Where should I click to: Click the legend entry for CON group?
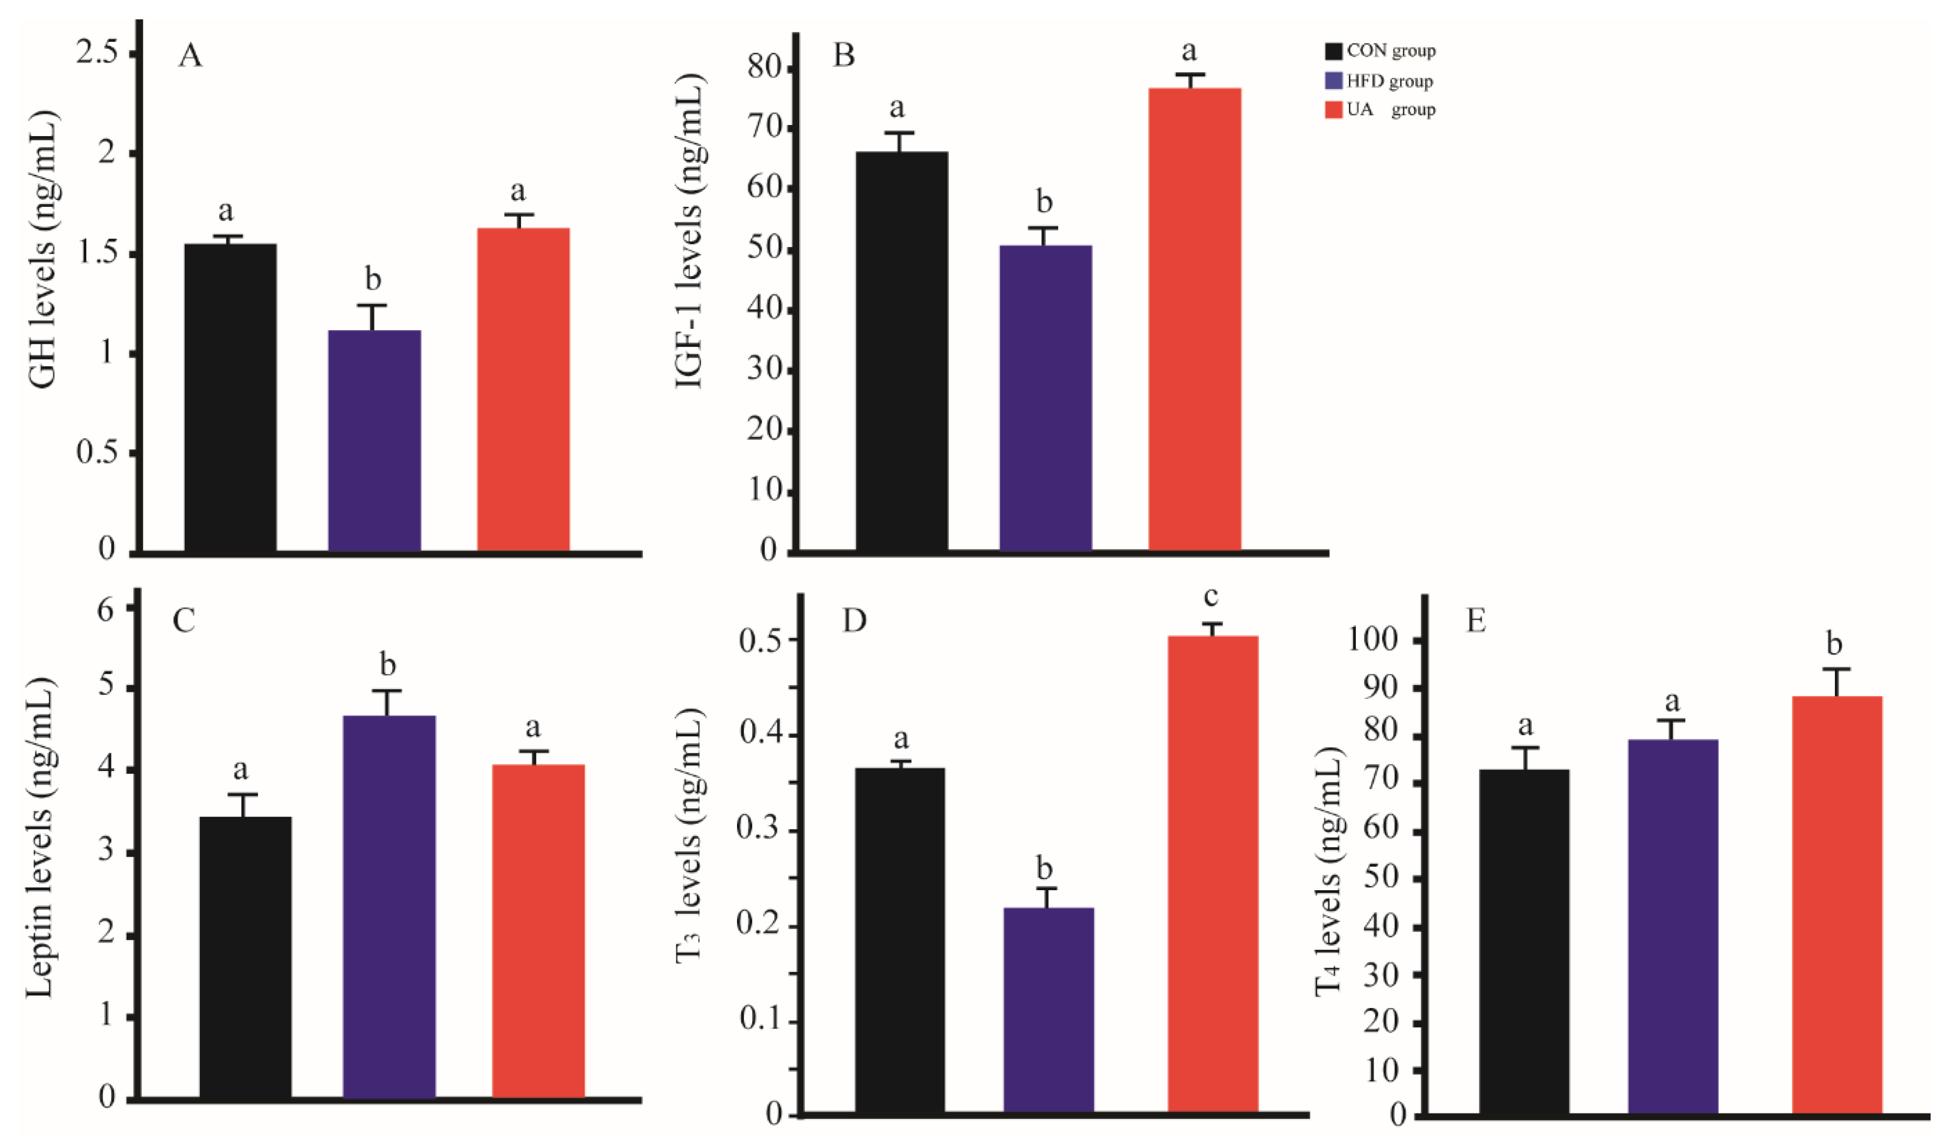1381,51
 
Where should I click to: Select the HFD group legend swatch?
1334,81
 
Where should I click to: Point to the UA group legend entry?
1381,110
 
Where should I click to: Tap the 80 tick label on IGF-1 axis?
764,70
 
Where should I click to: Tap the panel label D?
854,620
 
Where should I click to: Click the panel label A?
190,56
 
